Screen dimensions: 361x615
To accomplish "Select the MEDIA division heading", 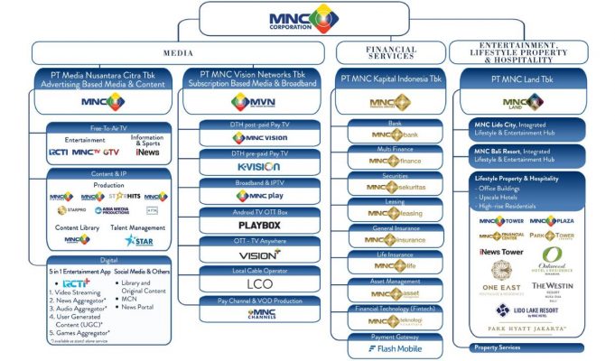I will coord(177,52).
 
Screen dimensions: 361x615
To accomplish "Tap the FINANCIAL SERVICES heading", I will coord(390,53).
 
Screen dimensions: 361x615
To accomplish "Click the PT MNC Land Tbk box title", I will coord(523,80).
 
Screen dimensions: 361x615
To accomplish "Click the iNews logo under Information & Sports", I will coord(148,153).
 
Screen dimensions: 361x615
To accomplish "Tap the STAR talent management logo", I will coord(140,241).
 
